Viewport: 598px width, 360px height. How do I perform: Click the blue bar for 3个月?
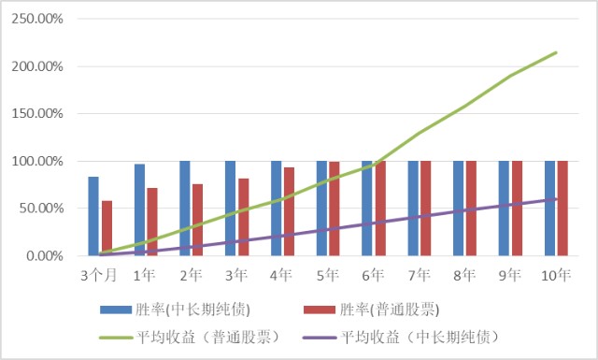tap(93, 216)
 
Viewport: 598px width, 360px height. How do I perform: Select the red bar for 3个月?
tap(107, 228)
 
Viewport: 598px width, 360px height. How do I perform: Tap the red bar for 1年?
tap(152, 222)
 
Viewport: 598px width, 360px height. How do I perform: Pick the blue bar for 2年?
tap(185, 209)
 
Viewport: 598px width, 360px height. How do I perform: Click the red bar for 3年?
tap(244, 217)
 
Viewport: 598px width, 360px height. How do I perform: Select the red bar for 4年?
tap(289, 211)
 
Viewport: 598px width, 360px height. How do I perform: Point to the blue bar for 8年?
tap(459, 209)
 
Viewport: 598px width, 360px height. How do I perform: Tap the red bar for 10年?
tap(562, 209)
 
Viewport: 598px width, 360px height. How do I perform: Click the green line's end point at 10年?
tap(556, 52)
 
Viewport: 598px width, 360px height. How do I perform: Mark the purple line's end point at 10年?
tap(556, 199)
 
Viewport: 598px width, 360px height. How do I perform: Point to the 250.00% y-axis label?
tap(37, 19)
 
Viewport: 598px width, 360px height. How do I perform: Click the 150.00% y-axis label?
tap(37, 114)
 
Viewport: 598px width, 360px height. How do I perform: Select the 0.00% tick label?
tap(45, 256)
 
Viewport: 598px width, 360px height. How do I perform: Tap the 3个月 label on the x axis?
tap(99, 275)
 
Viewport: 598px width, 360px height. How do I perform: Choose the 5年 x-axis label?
tap(328, 275)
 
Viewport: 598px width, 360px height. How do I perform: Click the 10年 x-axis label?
tap(556, 275)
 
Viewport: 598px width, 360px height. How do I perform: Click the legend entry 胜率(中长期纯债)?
tap(176, 310)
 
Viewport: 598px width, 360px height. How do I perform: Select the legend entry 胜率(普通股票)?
tap(372, 310)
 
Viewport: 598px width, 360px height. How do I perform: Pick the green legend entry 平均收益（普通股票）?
tap(190, 338)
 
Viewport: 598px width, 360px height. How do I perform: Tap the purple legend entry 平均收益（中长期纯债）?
tap(401, 338)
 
